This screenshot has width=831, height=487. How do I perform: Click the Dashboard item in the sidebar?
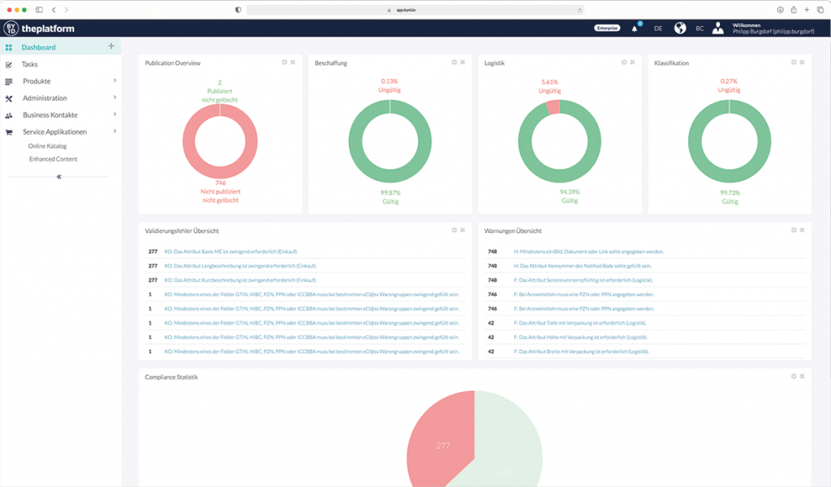pos(38,47)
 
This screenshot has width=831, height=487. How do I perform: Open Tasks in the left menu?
pos(30,64)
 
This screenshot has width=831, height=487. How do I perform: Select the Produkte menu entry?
pos(37,81)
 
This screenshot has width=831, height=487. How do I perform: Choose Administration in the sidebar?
pos(45,98)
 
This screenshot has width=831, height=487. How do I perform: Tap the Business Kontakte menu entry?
pos(50,115)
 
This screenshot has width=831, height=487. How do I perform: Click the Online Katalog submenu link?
pos(47,146)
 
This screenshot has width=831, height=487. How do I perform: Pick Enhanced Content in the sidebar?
pos(53,159)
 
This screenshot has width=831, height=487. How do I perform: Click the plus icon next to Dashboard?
pos(111,46)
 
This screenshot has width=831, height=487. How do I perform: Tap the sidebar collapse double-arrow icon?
pos(58,176)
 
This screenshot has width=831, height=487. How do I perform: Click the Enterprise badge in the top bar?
pos(607,28)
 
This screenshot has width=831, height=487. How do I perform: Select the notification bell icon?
pos(635,28)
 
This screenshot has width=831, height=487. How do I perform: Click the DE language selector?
pos(658,28)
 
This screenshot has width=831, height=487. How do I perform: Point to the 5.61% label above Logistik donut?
pos(550,82)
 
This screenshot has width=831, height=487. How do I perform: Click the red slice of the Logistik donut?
pos(553,106)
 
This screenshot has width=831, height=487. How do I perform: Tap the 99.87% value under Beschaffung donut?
pos(390,192)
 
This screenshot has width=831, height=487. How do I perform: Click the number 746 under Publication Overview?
pos(220,183)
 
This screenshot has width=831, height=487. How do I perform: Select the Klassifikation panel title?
pos(671,62)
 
